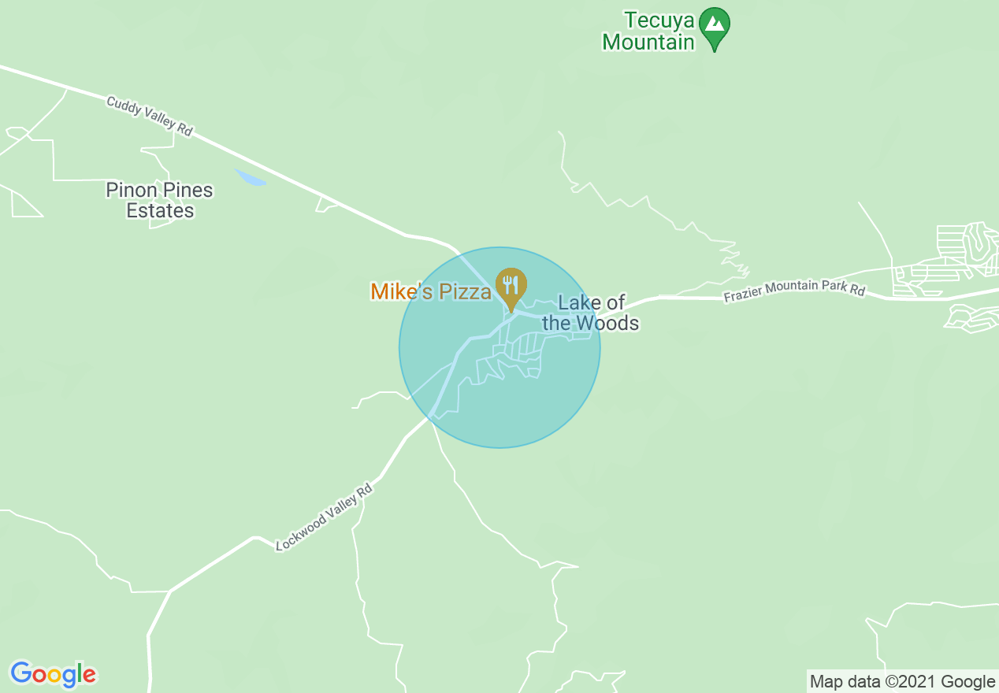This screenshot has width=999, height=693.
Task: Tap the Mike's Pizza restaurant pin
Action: point(511,288)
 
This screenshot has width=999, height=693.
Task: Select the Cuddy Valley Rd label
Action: point(150,117)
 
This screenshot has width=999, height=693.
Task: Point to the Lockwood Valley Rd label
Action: point(324,517)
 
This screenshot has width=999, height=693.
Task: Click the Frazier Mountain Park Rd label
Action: point(794,290)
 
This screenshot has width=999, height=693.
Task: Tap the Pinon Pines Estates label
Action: point(160,201)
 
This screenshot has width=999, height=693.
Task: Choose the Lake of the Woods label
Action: point(590,313)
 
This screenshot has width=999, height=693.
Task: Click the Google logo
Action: point(53,674)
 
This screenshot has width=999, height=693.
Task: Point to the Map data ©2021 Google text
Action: point(903,681)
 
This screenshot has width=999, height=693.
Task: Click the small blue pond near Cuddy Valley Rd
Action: point(251,178)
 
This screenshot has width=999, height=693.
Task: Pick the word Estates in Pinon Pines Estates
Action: point(160,211)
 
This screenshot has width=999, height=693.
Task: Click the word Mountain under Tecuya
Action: point(648,42)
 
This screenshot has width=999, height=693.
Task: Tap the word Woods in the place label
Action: point(607,323)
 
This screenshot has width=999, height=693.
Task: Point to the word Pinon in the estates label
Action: point(132,191)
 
